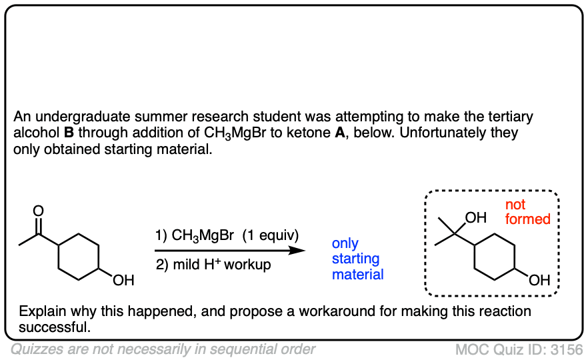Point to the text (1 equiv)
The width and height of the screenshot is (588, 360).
click(271, 235)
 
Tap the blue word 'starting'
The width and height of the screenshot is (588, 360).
click(355, 259)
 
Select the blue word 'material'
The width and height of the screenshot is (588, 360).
click(358, 274)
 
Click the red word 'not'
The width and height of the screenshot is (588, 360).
click(515, 205)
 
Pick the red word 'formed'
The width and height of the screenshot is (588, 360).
click(527, 219)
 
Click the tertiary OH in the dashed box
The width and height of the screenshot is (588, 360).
click(476, 218)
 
